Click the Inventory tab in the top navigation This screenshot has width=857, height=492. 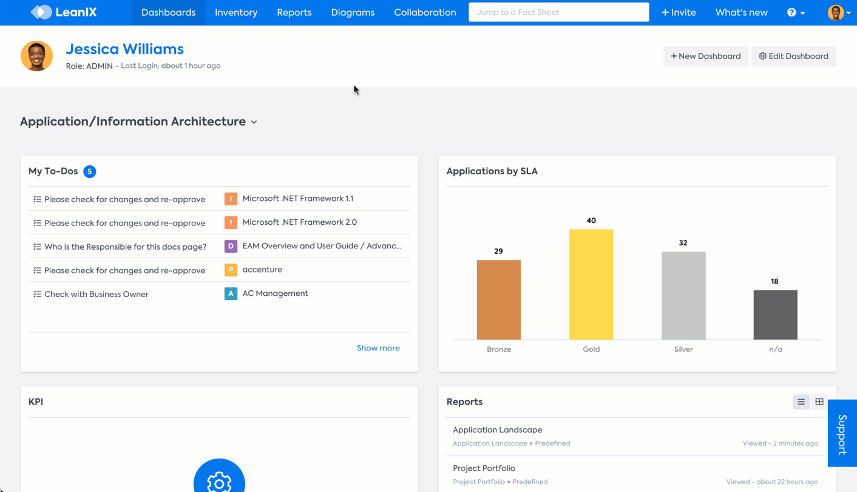(236, 12)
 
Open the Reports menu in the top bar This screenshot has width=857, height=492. (294, 12)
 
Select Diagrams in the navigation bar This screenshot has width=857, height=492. (353, 12)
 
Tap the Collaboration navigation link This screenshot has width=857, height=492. (425, 12)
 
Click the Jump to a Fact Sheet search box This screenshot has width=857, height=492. (558, 12)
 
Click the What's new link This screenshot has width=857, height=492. (741, 12)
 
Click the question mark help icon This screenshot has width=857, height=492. (791, 12)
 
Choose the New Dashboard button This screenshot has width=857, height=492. (705, 56)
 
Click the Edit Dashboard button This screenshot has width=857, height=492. (793, 56)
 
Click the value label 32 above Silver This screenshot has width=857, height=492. (683, 243)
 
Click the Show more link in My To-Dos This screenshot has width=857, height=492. (378, 348)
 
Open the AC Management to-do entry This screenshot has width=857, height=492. (275, 293)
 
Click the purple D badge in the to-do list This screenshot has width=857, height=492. (231, 246)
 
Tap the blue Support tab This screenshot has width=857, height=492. (842, 433)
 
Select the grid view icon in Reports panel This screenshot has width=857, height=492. (819, 401)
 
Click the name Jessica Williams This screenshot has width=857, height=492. (124, 49)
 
